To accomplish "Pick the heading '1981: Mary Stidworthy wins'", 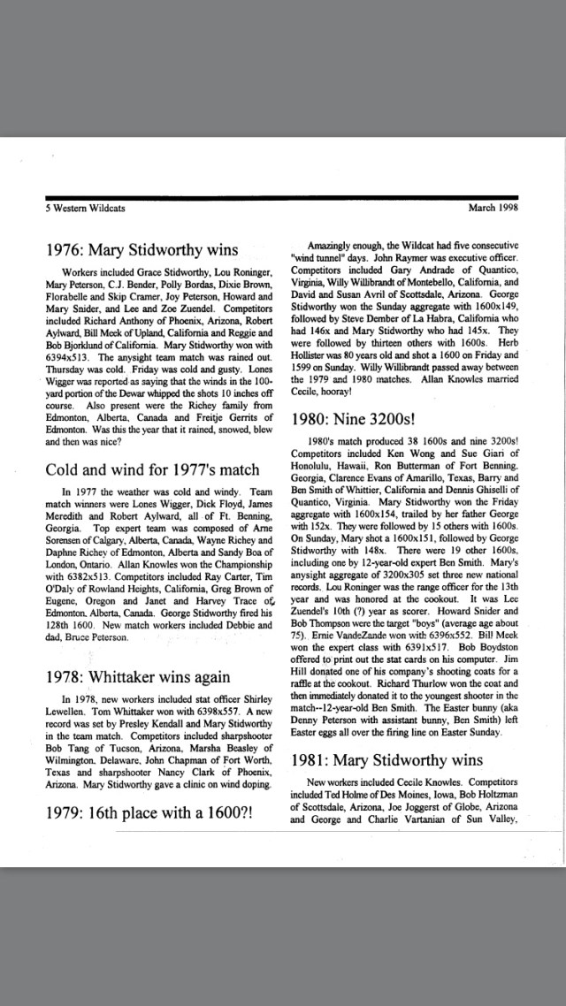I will [x=387, y=759].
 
